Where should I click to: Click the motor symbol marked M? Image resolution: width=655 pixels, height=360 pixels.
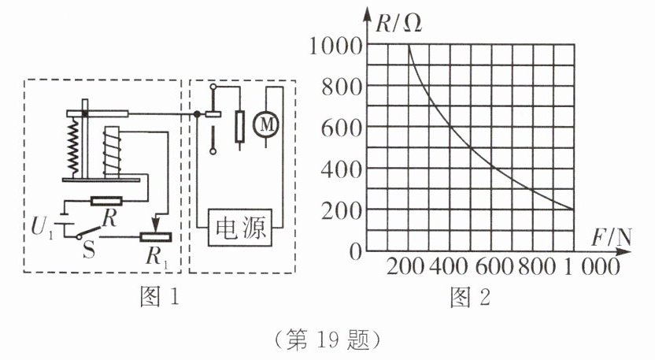point(264,124)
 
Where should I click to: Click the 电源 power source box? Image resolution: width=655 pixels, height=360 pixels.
point(242,229)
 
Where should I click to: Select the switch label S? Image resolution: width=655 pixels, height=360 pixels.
point(89,251)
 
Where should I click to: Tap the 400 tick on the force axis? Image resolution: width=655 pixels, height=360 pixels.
point(449,267)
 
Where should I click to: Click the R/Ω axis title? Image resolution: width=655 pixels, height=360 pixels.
point(399,23)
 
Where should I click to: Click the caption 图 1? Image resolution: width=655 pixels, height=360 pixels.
point(158,298)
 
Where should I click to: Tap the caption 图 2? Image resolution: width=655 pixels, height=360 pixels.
point(471,298)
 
